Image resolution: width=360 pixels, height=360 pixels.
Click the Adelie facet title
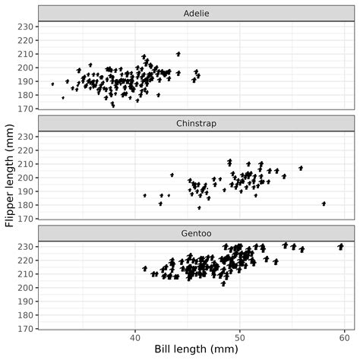coord(196,13)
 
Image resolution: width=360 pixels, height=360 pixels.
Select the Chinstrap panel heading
coord(196,123)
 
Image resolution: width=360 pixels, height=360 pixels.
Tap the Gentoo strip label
coord(196,233)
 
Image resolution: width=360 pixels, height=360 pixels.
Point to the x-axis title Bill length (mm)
coord(196,349)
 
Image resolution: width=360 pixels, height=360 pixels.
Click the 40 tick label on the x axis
coord(135,336)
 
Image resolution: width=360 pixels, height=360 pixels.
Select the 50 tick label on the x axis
coord(239,336)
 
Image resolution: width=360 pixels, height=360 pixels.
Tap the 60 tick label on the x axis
coord(344,336)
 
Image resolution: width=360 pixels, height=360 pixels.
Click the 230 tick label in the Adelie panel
coord(25,27)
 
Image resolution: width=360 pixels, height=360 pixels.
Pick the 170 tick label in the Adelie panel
coord(25,109)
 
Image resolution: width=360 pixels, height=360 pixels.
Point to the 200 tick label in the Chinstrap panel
coord(25,178)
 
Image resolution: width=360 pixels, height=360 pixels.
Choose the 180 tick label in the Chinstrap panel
coord(25,205)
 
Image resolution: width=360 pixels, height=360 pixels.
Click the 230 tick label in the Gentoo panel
coord(25,247)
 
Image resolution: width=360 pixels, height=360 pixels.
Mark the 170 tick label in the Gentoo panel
coord(25,329)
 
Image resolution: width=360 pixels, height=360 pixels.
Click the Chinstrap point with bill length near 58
coord(324,204)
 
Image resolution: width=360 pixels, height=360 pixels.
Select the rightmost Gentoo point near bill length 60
coord(341,246)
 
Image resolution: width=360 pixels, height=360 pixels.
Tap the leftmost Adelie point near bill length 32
coord(52,84)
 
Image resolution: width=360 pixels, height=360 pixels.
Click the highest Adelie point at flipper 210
coord(178,54)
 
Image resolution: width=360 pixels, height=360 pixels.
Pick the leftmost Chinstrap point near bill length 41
coord(144,195)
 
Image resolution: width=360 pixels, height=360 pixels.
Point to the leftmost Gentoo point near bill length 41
coord(144,268)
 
